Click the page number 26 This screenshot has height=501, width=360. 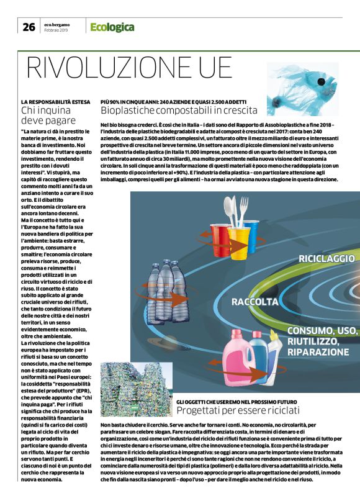point(29,25)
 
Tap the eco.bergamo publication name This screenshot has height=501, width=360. point(56,24)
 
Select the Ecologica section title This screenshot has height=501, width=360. point(112,26)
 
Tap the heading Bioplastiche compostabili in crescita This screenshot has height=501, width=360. point(179,111)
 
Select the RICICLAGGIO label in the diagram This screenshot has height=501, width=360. point(326,258)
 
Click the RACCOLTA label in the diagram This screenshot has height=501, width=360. point(253,302)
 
